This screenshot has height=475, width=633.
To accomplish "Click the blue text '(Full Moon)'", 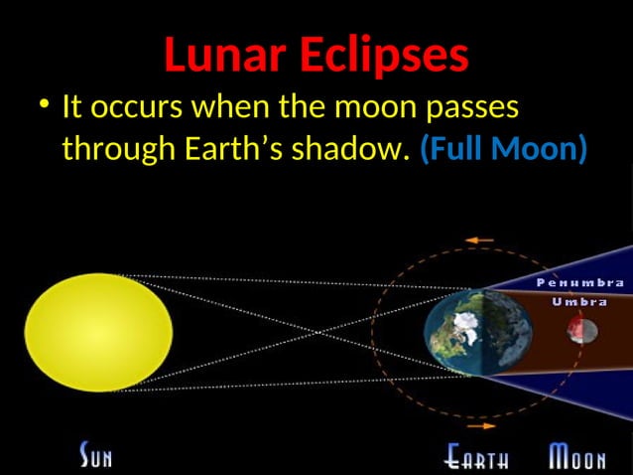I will click(504, 150).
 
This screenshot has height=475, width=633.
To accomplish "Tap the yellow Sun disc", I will click(98, 332).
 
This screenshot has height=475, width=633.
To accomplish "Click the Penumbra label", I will click(579, 283).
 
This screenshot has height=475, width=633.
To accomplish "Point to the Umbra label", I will click(579, 301).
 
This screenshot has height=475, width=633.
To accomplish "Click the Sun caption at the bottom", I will click(96, 458).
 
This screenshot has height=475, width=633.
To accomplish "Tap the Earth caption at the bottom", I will click(478, 459).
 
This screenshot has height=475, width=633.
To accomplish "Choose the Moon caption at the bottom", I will click(577, 459).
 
